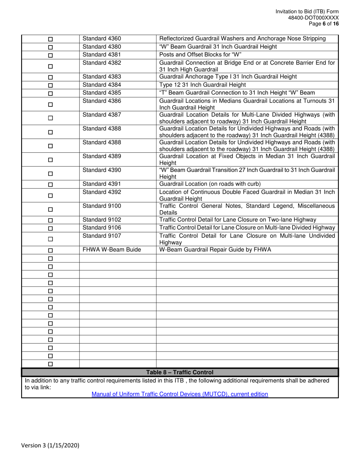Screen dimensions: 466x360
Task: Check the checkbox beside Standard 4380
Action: tap(50, 47)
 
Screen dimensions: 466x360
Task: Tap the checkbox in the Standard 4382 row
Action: tap(50, 66)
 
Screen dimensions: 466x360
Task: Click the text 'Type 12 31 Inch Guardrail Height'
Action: tap(203, 84)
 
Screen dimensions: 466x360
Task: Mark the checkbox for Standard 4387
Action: tap(50, 118)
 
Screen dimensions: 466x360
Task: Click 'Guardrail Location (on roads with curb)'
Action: tap(210, 184)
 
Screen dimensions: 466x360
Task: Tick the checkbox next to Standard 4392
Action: tap(50, 196)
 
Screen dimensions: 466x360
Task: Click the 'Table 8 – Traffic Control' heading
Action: tap(180, 372)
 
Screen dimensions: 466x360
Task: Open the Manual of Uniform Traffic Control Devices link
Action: tap(180, 394)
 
